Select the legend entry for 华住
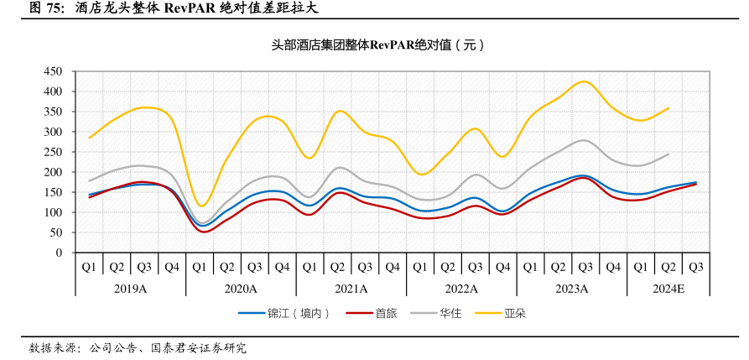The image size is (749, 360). [x=450, y=314]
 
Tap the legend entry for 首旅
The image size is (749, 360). [x=385, y=314]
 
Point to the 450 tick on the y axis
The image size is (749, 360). [x=53, y=71]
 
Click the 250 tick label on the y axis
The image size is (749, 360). [x=53, y=152]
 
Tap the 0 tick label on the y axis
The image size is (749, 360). [x=60, y=253]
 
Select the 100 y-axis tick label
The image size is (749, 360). [x=53, y=212]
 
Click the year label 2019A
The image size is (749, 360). [x=130, y=288]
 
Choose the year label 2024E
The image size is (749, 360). [x=668, y=288]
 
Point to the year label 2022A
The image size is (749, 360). [x=461, y=288]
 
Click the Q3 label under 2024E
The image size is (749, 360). [x=695, y=267]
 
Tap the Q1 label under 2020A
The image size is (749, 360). [x=200, y=267]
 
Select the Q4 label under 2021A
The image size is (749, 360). [x=393, y=267]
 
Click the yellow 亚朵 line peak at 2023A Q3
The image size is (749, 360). [x=585, y=81]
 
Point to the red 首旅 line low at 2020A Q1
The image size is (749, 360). [x=204, y=231]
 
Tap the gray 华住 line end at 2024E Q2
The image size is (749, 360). [x=668, y=154]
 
